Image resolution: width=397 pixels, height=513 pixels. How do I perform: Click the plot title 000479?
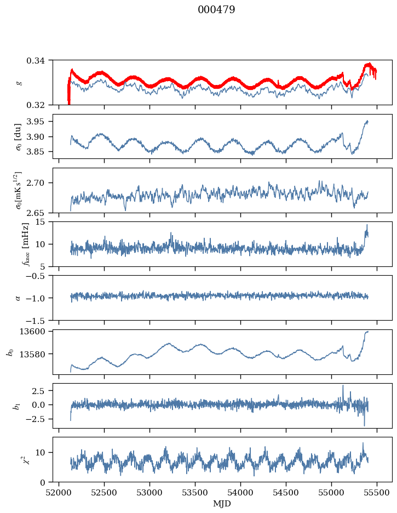[216, 9]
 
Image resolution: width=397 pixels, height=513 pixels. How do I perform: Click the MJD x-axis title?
[222, 504]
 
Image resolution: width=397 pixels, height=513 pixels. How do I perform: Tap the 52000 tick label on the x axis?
[59, 493]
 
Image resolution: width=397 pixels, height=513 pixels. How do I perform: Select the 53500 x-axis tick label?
[195, 493]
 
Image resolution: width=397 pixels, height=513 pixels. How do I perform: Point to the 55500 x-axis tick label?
[377, 493]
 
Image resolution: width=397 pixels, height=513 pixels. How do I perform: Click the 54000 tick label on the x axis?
[240, 493]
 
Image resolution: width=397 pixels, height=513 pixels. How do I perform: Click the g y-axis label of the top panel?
[20, 83]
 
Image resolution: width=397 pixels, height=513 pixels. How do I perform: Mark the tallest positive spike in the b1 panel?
[343, 386]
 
